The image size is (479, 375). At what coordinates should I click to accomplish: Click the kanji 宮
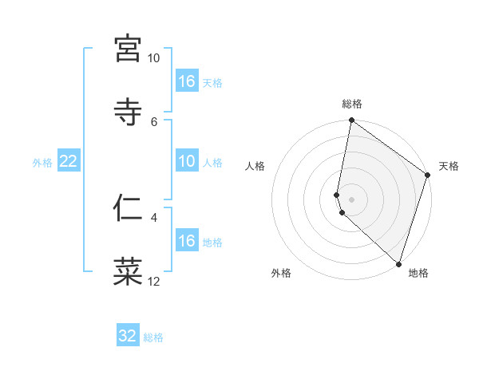point(128,49)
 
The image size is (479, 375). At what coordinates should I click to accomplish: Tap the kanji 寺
point(128,111)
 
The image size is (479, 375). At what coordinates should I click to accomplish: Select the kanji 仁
point(128,207)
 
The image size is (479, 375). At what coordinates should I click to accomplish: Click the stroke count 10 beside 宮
point(153,58)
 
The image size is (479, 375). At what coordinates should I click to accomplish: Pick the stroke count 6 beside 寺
point(154,120)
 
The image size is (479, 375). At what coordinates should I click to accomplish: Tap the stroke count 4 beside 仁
point(154,216)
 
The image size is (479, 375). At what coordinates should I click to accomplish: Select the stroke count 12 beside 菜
point(153,281)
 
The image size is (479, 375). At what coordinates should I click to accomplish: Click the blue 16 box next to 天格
point(187,81)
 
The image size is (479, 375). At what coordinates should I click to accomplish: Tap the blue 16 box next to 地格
point(187,241)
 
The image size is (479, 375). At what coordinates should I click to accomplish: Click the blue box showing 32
point(128,336)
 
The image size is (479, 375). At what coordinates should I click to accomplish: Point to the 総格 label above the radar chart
point(352,104)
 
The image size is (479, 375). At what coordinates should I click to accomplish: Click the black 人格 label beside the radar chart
point(255,166)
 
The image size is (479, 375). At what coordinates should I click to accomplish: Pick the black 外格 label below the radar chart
point(281,273)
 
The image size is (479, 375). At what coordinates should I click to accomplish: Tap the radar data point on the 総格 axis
point(351,121)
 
